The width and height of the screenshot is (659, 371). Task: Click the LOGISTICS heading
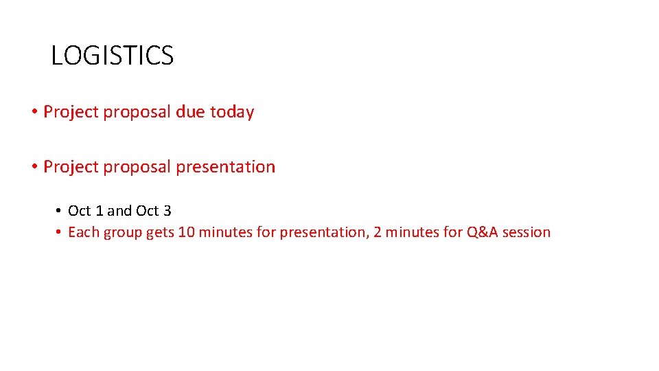(112, 56)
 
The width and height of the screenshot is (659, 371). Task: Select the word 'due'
(190, 112)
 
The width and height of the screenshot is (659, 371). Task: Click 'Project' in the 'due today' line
(71, 112)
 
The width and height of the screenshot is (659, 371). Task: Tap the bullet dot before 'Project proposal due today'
(34, 112)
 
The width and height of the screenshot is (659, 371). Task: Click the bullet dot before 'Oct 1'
(60, 211)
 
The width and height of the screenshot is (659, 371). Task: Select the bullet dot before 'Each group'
(60, 232)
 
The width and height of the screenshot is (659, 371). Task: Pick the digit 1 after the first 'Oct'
(99, 211)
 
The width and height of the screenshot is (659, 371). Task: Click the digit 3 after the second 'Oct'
(167, 211)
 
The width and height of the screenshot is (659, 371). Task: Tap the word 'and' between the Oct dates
(119, 211)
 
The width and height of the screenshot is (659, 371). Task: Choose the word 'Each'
(84, 232)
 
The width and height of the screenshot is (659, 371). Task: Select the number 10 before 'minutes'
(186, 232)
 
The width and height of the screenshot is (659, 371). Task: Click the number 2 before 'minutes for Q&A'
(377, 232)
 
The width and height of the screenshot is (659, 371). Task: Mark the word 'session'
(527, 232)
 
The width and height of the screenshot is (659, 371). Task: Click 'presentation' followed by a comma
(321, 233)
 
